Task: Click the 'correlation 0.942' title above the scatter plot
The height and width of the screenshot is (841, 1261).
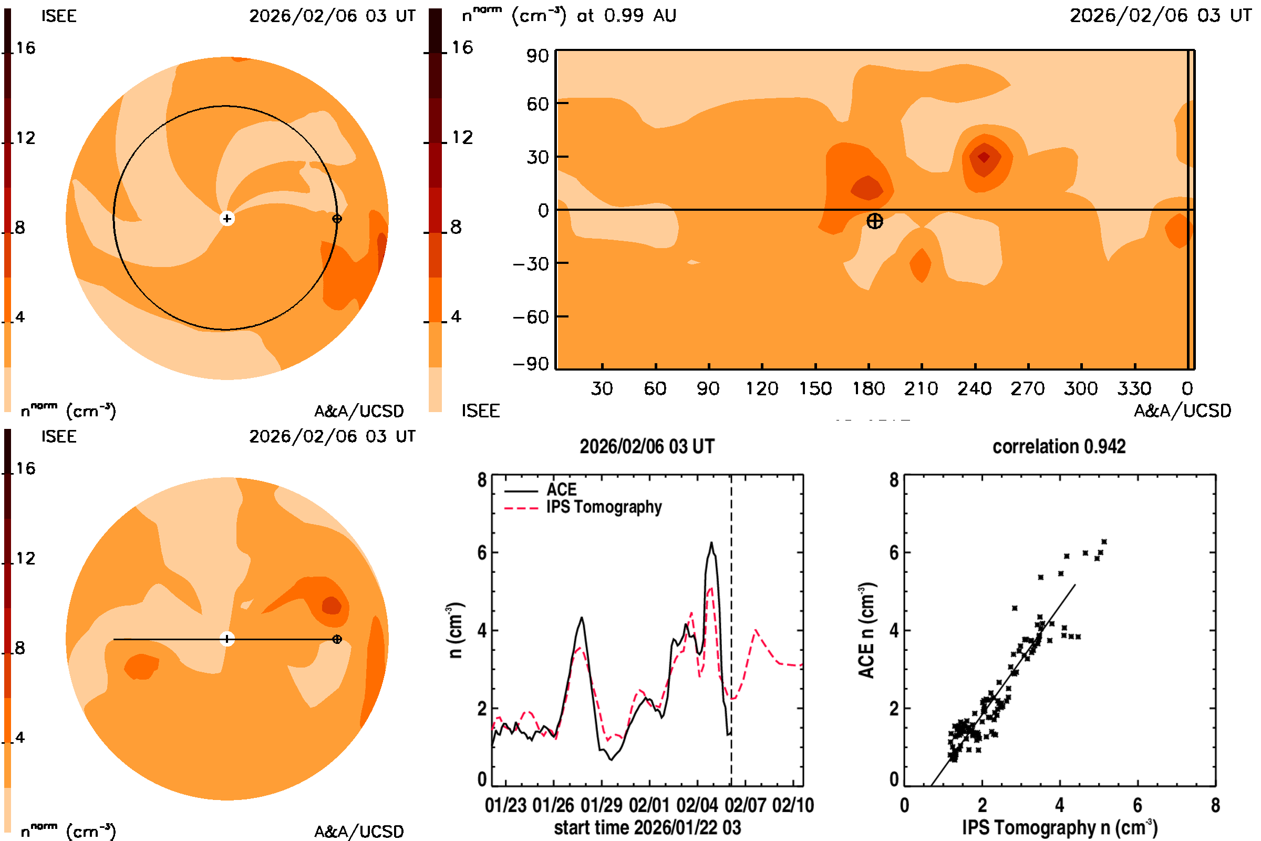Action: [x=1058, y=447]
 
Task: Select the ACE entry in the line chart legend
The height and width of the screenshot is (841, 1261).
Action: [x=561, y=490]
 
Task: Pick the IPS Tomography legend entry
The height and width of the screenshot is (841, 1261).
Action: [x=603, y=507]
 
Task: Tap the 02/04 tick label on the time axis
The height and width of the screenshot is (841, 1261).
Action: [x=697, y=806]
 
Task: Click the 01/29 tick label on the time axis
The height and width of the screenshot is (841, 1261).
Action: [x=601, y=806]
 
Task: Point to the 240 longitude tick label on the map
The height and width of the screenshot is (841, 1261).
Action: [x=974, y=388]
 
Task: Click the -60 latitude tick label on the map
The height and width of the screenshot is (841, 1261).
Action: [x=531, y=317]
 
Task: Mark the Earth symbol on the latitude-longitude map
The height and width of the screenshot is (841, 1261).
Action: [x=874, y=221]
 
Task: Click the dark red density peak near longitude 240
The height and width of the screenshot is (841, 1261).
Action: [x=984, y=157]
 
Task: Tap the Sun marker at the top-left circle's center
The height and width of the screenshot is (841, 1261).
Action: [x=227, y=219]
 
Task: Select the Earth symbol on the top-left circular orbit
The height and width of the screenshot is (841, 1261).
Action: [x=337, y=219]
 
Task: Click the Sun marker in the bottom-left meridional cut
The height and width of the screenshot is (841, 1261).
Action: [x=227, y=639]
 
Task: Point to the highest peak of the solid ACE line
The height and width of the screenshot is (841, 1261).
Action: [x=711, y=543]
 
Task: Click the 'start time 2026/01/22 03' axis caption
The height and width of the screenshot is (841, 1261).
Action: [x=647, y=827]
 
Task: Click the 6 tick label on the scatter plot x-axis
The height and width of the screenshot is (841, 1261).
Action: [x=1137, y=806]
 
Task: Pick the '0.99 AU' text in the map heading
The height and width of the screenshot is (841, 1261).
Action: [x=640, y=16]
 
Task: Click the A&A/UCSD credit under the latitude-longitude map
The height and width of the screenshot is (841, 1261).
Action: [x=1182, y=411]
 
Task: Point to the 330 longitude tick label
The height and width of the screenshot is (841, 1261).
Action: [x=1134, y=388]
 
